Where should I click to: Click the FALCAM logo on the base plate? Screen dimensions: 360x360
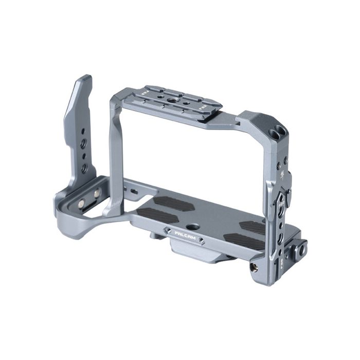183,233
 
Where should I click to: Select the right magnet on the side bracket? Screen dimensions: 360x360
97,194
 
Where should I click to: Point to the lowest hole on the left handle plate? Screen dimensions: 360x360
84,168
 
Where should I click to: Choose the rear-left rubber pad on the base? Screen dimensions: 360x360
173,203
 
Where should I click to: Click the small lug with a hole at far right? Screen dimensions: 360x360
301,248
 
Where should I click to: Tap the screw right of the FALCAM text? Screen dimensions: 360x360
202,240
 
